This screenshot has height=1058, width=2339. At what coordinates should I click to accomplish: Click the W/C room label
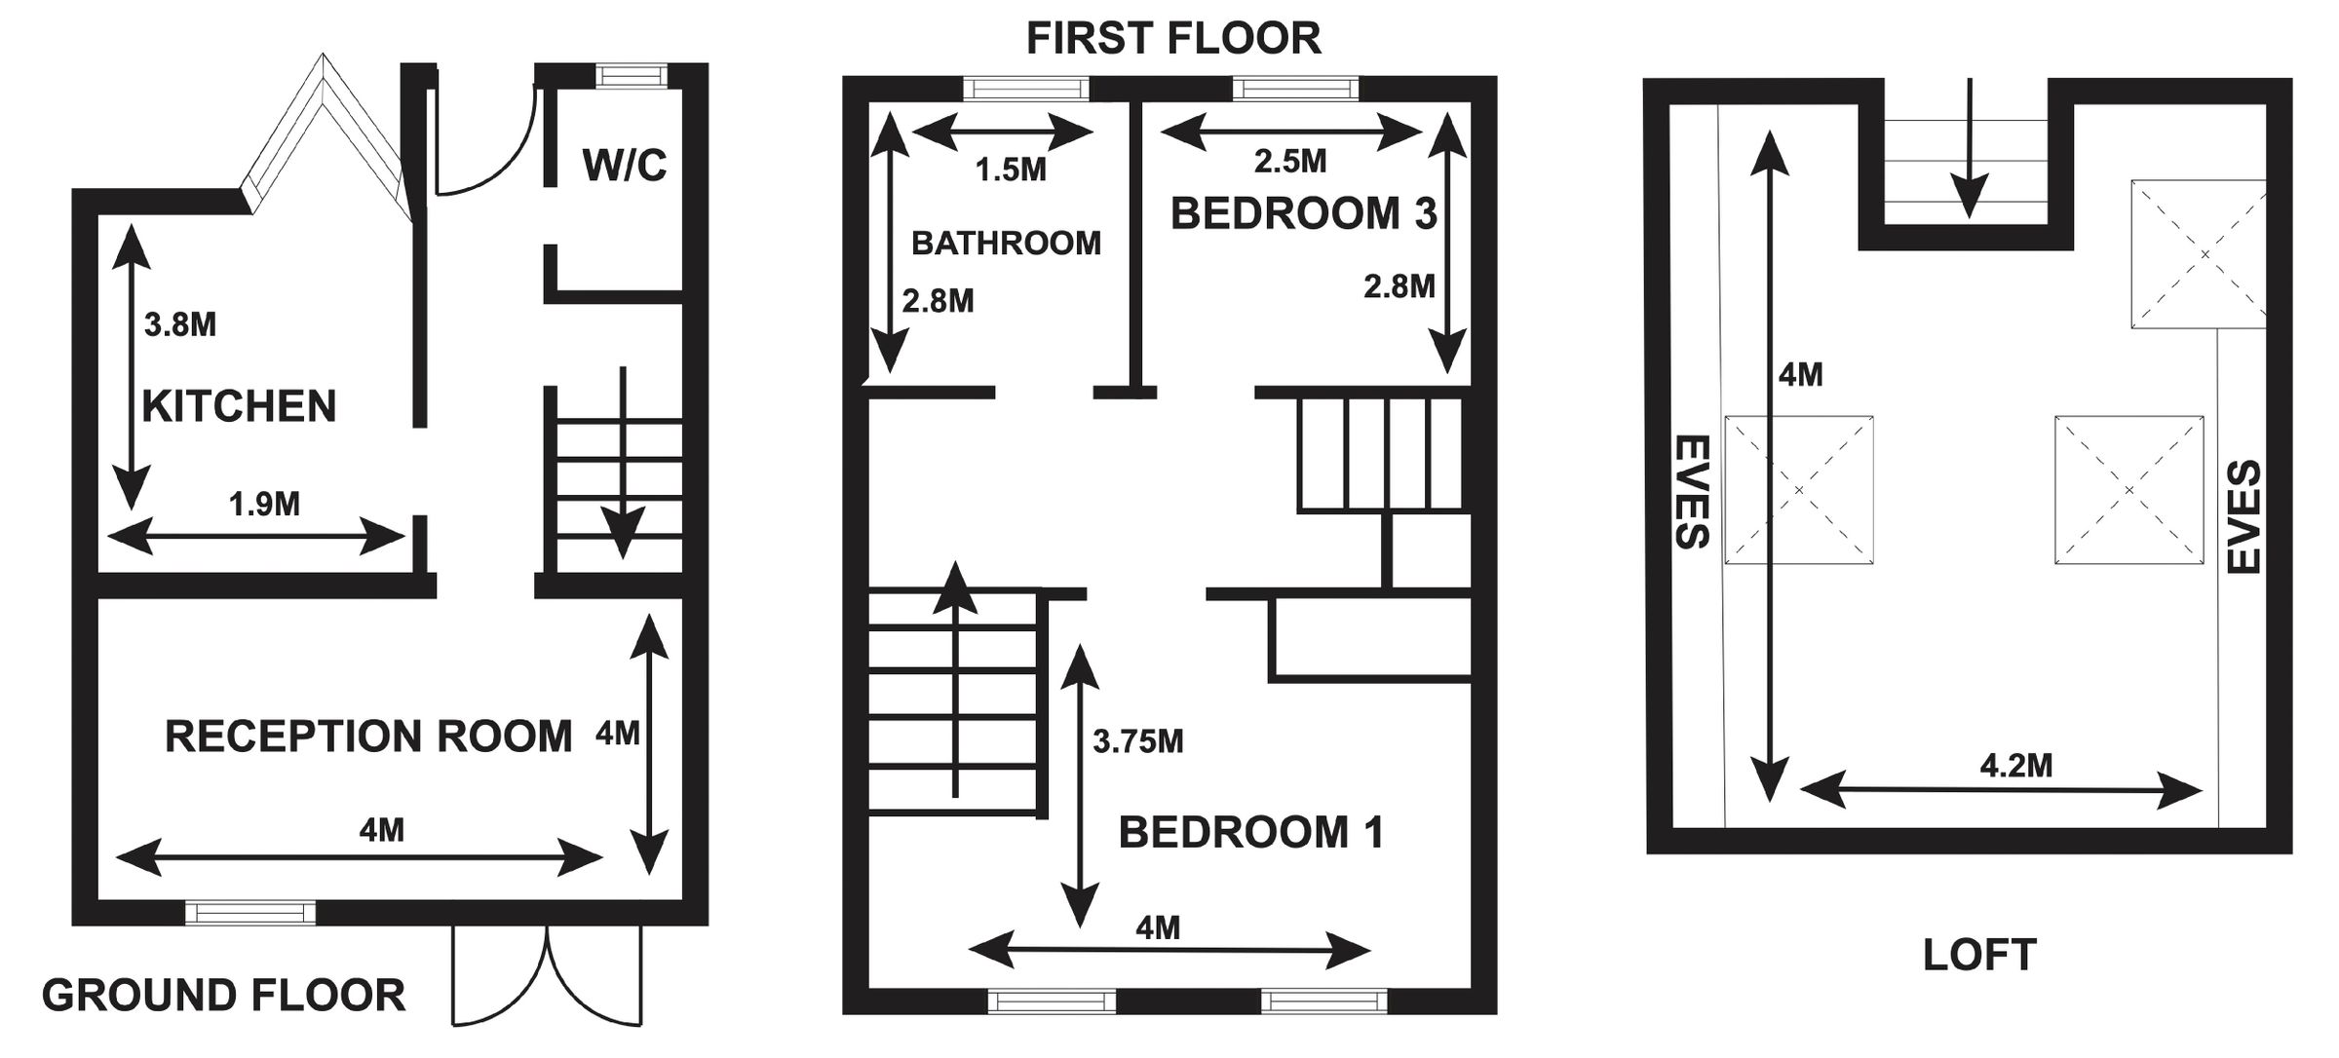[x=625, y=166]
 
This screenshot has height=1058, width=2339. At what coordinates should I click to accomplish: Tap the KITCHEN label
[x=239, y=405]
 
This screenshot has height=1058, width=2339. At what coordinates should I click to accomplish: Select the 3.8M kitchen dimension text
[x=180, y=324]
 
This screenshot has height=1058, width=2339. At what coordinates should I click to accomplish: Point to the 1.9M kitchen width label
[x=264, y=504]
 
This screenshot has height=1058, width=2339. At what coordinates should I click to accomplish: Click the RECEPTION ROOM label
[x=368, y=737]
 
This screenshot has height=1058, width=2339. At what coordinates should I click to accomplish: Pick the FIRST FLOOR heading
[x=1173, y=39]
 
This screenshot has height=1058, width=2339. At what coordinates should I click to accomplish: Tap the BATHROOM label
[x=1006, y=243]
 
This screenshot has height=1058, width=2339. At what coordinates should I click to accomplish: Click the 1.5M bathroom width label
[x=1011, y=170]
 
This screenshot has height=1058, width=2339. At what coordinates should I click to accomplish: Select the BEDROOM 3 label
[x=1303, y=213]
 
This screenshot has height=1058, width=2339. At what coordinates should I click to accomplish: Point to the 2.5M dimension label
[x=1290, y=161]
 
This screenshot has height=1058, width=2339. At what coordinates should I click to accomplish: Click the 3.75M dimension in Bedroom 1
[x=1137, y=741]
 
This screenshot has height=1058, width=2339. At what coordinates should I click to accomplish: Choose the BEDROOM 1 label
[x=1250, y=832]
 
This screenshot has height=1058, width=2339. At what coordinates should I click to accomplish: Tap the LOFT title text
[x=1979, y=955]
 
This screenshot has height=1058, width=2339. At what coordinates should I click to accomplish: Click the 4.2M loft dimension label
[x=2015, y=766]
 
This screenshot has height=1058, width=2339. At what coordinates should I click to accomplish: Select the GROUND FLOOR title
[x=223, y=996]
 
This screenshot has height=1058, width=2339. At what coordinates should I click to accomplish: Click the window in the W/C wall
[x=633, y=76]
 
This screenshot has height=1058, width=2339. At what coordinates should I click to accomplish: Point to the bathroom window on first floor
[x=1026, y=89]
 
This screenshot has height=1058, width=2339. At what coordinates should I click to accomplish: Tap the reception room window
[x=250, y=913]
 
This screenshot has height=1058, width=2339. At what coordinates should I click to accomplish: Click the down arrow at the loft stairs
[x=1970, y=148]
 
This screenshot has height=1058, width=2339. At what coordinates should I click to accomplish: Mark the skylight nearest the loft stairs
[x=2199, y=254]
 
